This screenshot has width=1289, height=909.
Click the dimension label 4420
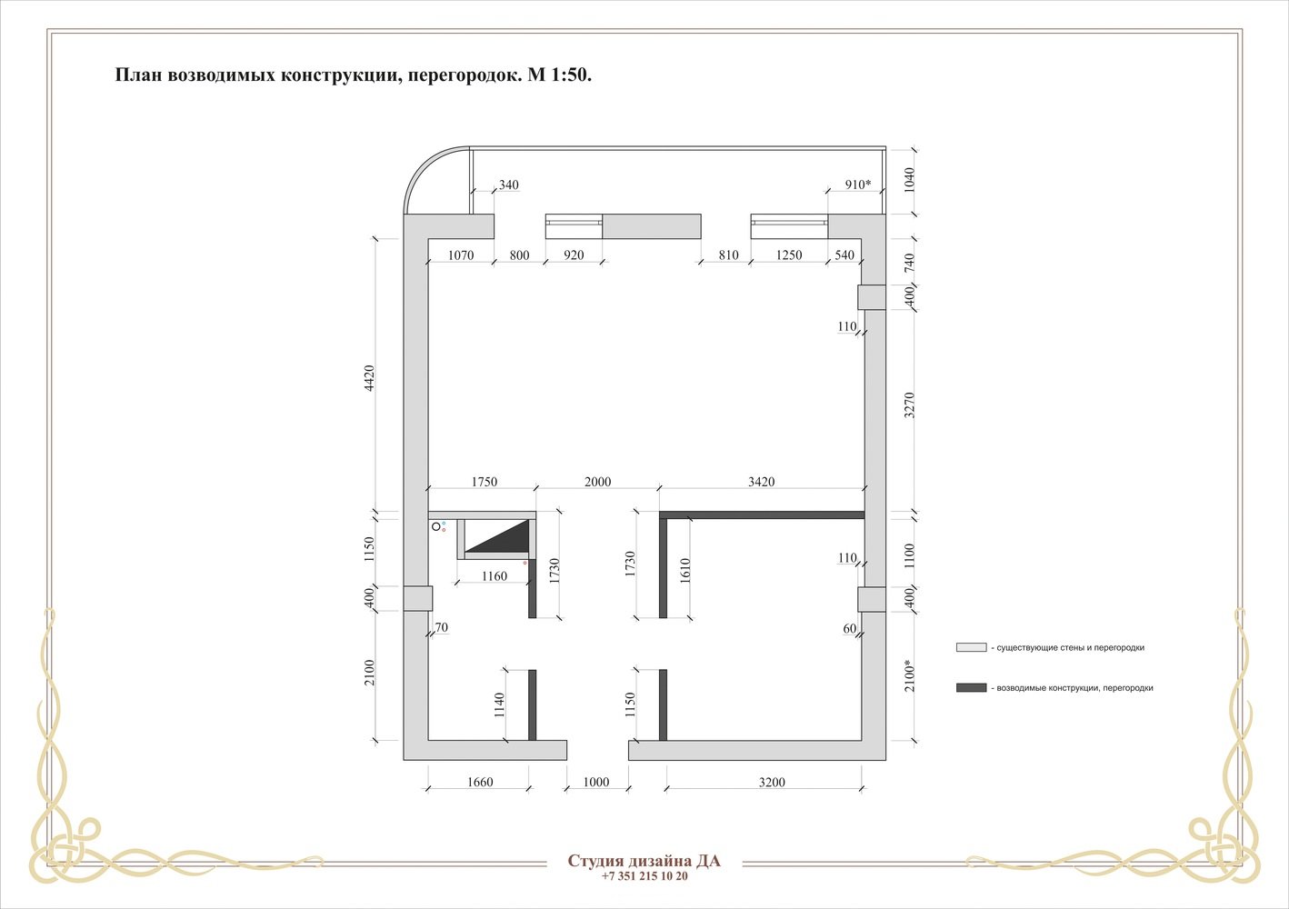369,378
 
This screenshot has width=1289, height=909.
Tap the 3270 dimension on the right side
909,405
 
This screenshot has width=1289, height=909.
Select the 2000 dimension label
598,482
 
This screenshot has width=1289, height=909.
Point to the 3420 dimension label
762,482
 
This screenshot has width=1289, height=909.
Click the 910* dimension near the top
858,185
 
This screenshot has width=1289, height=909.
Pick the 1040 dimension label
909,179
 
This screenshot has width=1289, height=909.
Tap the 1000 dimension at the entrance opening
596,782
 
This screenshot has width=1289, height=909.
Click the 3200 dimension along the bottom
772,782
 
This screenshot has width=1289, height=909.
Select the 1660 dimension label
480,782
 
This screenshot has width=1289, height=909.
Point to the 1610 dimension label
684,571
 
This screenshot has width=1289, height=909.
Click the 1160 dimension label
495,576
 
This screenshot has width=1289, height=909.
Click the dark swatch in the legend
972,687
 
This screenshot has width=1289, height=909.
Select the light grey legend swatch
972,647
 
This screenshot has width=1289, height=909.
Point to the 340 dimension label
509,185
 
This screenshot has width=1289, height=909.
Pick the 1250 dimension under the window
789,255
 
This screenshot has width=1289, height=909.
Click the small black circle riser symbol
436,527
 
